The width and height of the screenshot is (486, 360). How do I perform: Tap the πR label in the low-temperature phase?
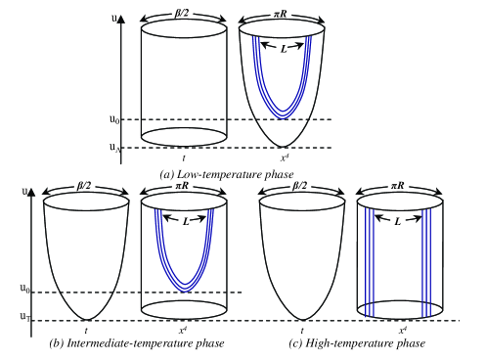click(280, 14)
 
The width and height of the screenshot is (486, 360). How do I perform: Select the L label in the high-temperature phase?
click(397, 222)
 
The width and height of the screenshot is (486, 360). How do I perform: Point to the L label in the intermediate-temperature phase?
click(186, 222)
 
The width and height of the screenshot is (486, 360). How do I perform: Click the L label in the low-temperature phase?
click(284, 49)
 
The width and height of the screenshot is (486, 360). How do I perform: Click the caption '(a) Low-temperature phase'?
click(227, 175)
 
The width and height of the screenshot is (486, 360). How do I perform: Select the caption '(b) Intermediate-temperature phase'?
click(137, 343)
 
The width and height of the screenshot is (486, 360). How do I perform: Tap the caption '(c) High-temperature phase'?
click(357, 343)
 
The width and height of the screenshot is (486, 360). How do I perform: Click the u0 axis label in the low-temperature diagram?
click(114, 119)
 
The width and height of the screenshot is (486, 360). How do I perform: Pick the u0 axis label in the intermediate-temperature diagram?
click(25, 289)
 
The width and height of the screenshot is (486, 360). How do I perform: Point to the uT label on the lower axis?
click(25, 317)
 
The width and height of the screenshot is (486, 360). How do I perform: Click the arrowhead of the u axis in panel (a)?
click(121, 20)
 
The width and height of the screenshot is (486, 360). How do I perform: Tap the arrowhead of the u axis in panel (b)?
click(31, 193)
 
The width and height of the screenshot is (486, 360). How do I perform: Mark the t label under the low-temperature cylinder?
click(184, 158)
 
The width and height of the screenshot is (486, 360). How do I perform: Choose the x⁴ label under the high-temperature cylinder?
click(403, 331)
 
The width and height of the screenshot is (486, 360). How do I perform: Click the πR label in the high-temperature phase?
click(398, 186)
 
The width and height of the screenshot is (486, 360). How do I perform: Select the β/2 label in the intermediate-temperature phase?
click(84, 186)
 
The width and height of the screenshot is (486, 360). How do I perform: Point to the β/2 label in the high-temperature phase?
click(299, 186)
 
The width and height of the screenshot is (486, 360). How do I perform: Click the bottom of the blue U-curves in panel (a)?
click(283, 115)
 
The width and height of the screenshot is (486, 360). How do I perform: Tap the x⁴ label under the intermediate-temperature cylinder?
click(183, 331)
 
